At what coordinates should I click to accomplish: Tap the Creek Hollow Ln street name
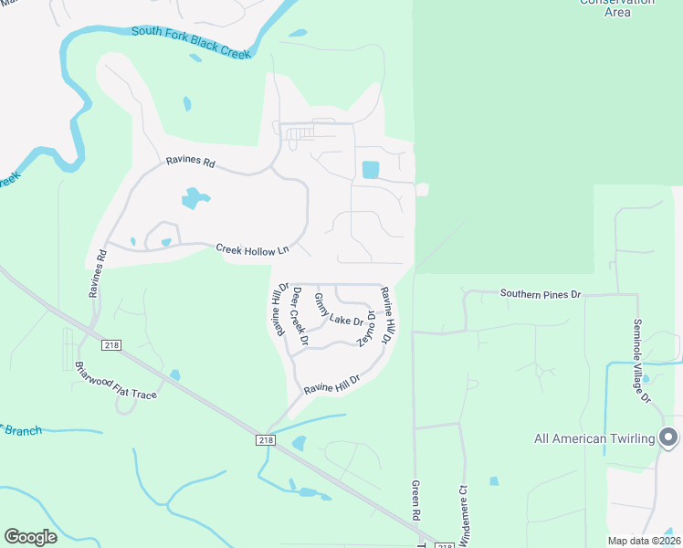pos(252,248)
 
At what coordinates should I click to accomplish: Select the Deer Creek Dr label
pos(299,316)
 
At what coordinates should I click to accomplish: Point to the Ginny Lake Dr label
pos(339,311)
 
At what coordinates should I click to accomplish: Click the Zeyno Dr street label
pos(367,327)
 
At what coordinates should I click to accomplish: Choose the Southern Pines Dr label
pos(540,294)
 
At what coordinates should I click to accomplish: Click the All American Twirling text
pos(594,439)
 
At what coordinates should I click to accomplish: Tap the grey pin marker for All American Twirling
pos(668,437)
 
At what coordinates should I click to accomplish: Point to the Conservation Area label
pos(617,6)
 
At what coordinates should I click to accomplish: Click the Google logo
pos(30,537)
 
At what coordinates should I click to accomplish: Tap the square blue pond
pos(370,170)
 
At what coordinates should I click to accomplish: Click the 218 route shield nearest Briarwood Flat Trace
pos(111,345)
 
